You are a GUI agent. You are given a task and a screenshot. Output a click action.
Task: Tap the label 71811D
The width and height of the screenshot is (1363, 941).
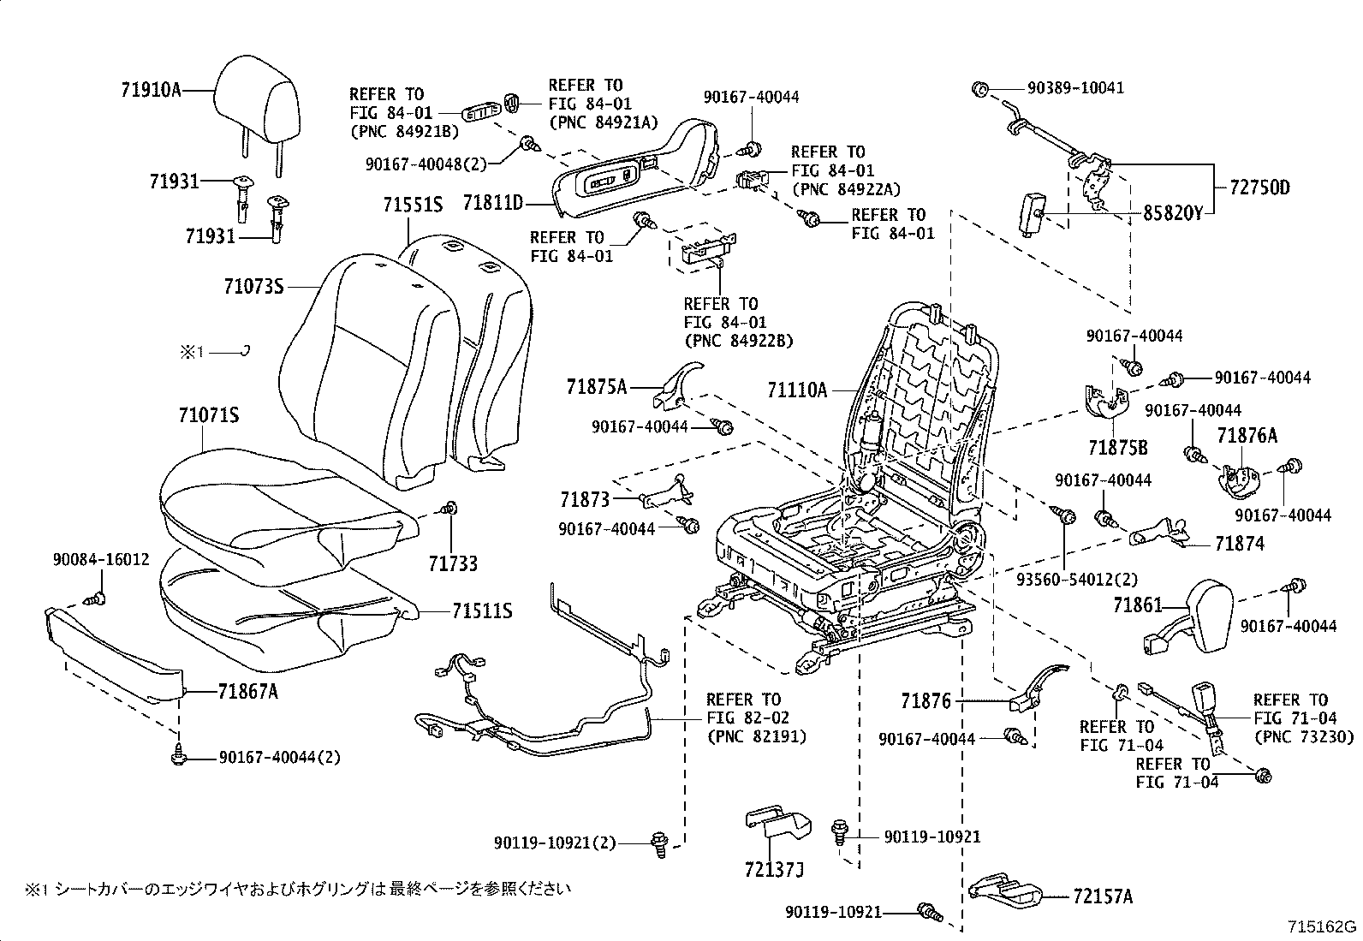click(492, 203)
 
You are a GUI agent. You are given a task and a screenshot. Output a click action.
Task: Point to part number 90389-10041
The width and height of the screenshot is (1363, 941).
click(1065, 88)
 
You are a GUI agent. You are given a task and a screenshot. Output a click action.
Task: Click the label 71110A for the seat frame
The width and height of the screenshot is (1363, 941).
click(797, 390)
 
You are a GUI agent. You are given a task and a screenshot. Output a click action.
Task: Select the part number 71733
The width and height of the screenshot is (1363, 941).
click(453, 563)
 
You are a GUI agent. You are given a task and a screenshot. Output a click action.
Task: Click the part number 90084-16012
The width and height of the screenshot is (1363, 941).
click(100, 560)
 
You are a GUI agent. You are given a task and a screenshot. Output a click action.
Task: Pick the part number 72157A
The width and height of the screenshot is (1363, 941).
click(1102, 896)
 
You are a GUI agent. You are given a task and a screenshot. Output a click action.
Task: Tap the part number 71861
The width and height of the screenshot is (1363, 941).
click(1137, 605)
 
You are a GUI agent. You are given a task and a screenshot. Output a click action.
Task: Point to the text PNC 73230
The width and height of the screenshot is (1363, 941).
click(1305, 736)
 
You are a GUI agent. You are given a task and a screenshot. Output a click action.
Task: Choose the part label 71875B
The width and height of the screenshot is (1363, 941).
click(1117, 448)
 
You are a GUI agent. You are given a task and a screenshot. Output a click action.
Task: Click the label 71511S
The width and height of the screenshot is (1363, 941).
click(482, 610)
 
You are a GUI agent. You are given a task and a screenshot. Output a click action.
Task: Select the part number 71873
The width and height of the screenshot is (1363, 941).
click(585, 498)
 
